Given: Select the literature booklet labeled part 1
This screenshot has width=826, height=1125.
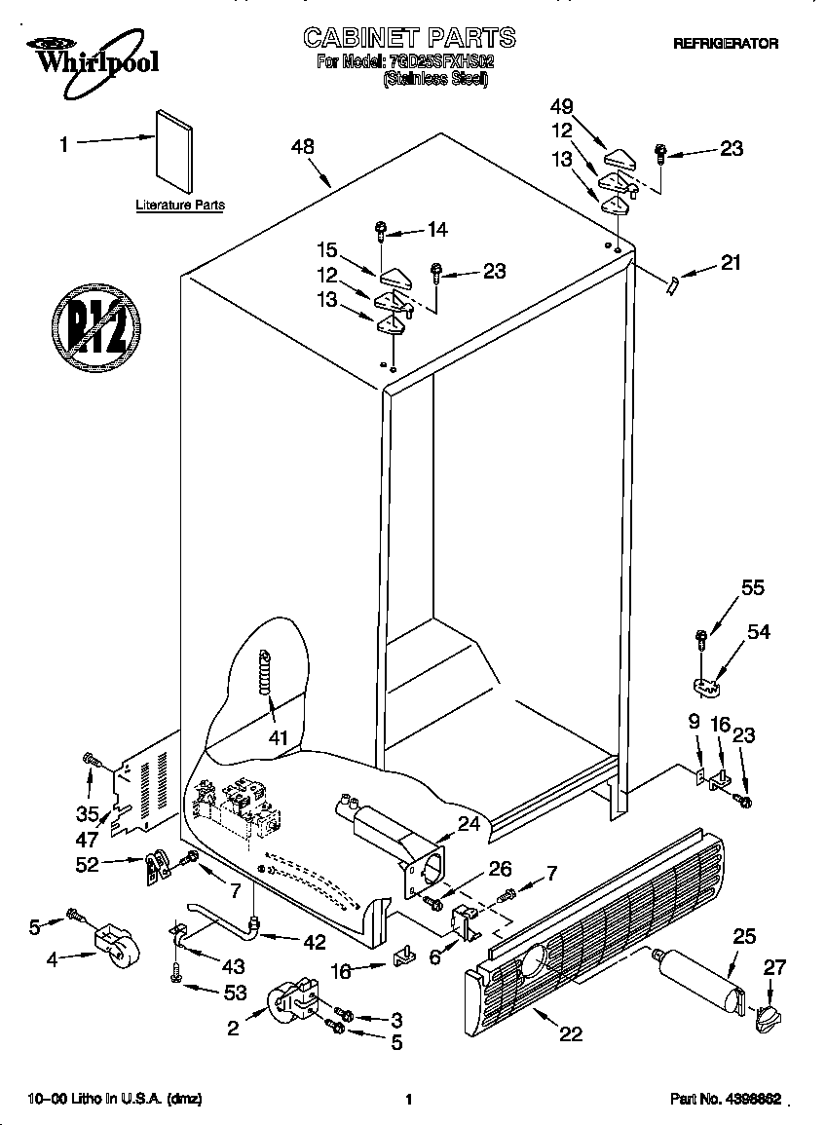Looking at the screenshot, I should (173, 153).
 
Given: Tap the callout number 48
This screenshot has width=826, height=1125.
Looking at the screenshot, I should (303, 147).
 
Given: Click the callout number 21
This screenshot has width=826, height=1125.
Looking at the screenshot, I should (731, 262).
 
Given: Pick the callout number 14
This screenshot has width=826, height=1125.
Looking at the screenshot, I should (437, 230).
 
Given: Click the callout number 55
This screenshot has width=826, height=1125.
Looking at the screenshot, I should (753, 588).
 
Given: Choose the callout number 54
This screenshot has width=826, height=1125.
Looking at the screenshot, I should (758, 632).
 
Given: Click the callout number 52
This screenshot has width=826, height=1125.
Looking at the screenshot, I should (88, 864).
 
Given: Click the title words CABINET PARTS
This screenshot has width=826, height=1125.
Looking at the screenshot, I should (409, 38).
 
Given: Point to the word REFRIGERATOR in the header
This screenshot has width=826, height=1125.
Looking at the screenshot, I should (726, 44).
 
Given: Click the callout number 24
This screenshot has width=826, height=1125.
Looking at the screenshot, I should (469, 823).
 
